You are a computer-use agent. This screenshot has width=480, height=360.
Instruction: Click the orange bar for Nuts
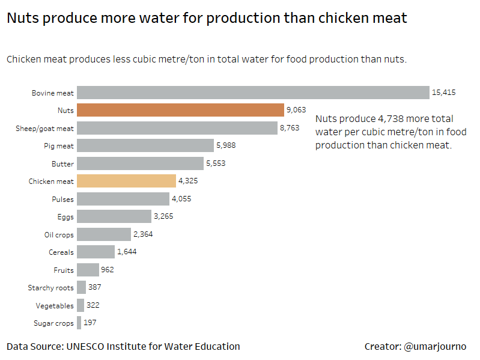click(x=180, y=110)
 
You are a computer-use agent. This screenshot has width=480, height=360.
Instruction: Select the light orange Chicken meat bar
click(x=126, y=181)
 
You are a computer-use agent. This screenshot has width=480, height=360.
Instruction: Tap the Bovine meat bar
click(x=252, y=93)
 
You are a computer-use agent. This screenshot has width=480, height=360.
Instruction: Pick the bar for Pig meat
click(x=145, y=145)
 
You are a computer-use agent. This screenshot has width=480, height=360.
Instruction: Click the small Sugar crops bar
click(x=79, y=323)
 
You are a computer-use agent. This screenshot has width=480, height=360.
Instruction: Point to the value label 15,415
click(x=443, y=93)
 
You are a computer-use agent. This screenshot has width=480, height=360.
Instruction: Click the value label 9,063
click(x=296, y=110)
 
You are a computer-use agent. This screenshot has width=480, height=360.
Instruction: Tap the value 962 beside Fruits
click(x=108, y=270)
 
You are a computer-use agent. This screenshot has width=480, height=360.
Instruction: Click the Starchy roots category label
click(x=50, y=288)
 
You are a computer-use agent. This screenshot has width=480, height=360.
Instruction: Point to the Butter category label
click(x=62, y=163)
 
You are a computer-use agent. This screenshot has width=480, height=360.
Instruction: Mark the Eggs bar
click(x=114, y=216)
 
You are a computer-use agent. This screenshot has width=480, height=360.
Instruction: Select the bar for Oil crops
click(x=104, y=234)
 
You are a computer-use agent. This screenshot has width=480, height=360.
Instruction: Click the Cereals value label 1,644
click(x=127, y=252)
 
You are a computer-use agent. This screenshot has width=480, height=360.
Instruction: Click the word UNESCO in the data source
click(x=89, y=346)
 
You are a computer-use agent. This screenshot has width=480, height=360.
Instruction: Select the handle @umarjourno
click(x=435, y=347)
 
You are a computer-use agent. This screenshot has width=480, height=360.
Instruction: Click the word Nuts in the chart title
click(x=23, y=18)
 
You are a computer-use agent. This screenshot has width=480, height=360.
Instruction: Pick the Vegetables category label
click(x=55, y=306)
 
